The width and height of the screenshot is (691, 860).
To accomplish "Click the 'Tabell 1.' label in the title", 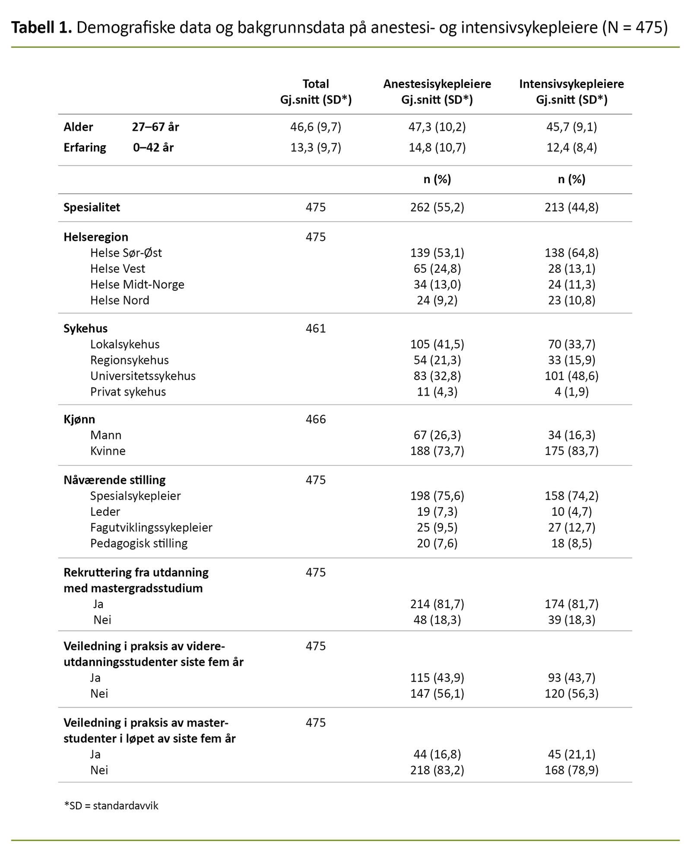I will click(41, 28).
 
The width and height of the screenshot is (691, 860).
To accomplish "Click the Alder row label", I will click(78, 127).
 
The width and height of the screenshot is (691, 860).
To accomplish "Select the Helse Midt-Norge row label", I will click(137, 284).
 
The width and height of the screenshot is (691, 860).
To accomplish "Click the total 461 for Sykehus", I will click(316, 328).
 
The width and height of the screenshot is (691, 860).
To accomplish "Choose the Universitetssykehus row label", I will click(143, 376).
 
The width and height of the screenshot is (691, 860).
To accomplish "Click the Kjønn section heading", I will click(79, 419).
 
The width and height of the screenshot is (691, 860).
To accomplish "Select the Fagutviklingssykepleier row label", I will click(151, 527).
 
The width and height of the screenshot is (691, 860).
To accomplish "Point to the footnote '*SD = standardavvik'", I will click(111, 806).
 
